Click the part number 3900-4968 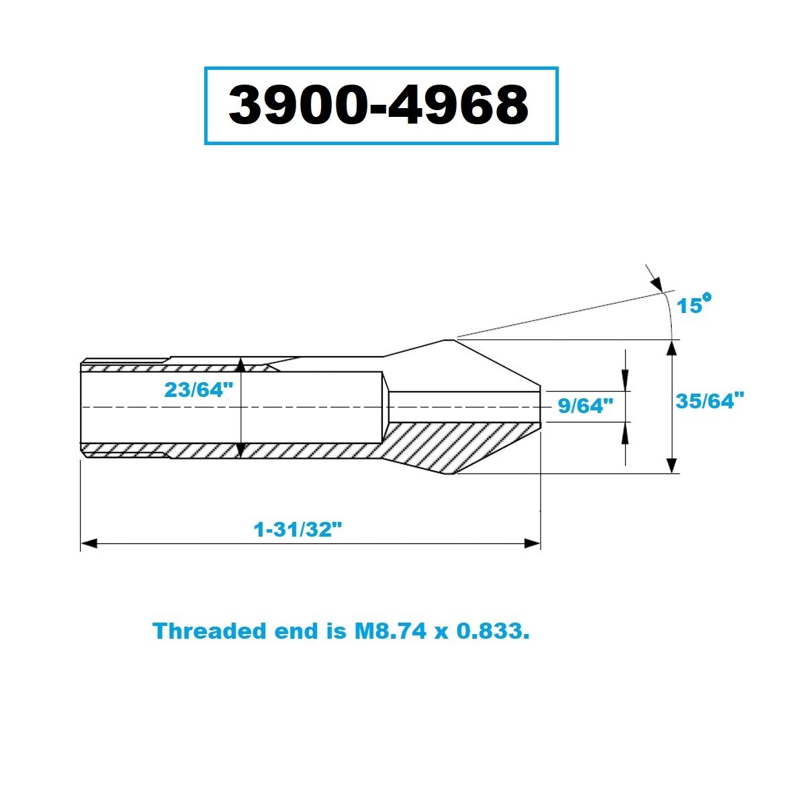click(379, 104)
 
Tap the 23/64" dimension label click(198, 390)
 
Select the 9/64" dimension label click(586, 406)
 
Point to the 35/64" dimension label click(710, 401)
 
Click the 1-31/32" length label click(298, 530)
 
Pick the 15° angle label click(694, 304)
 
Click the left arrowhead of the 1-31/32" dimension click(89, 544)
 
